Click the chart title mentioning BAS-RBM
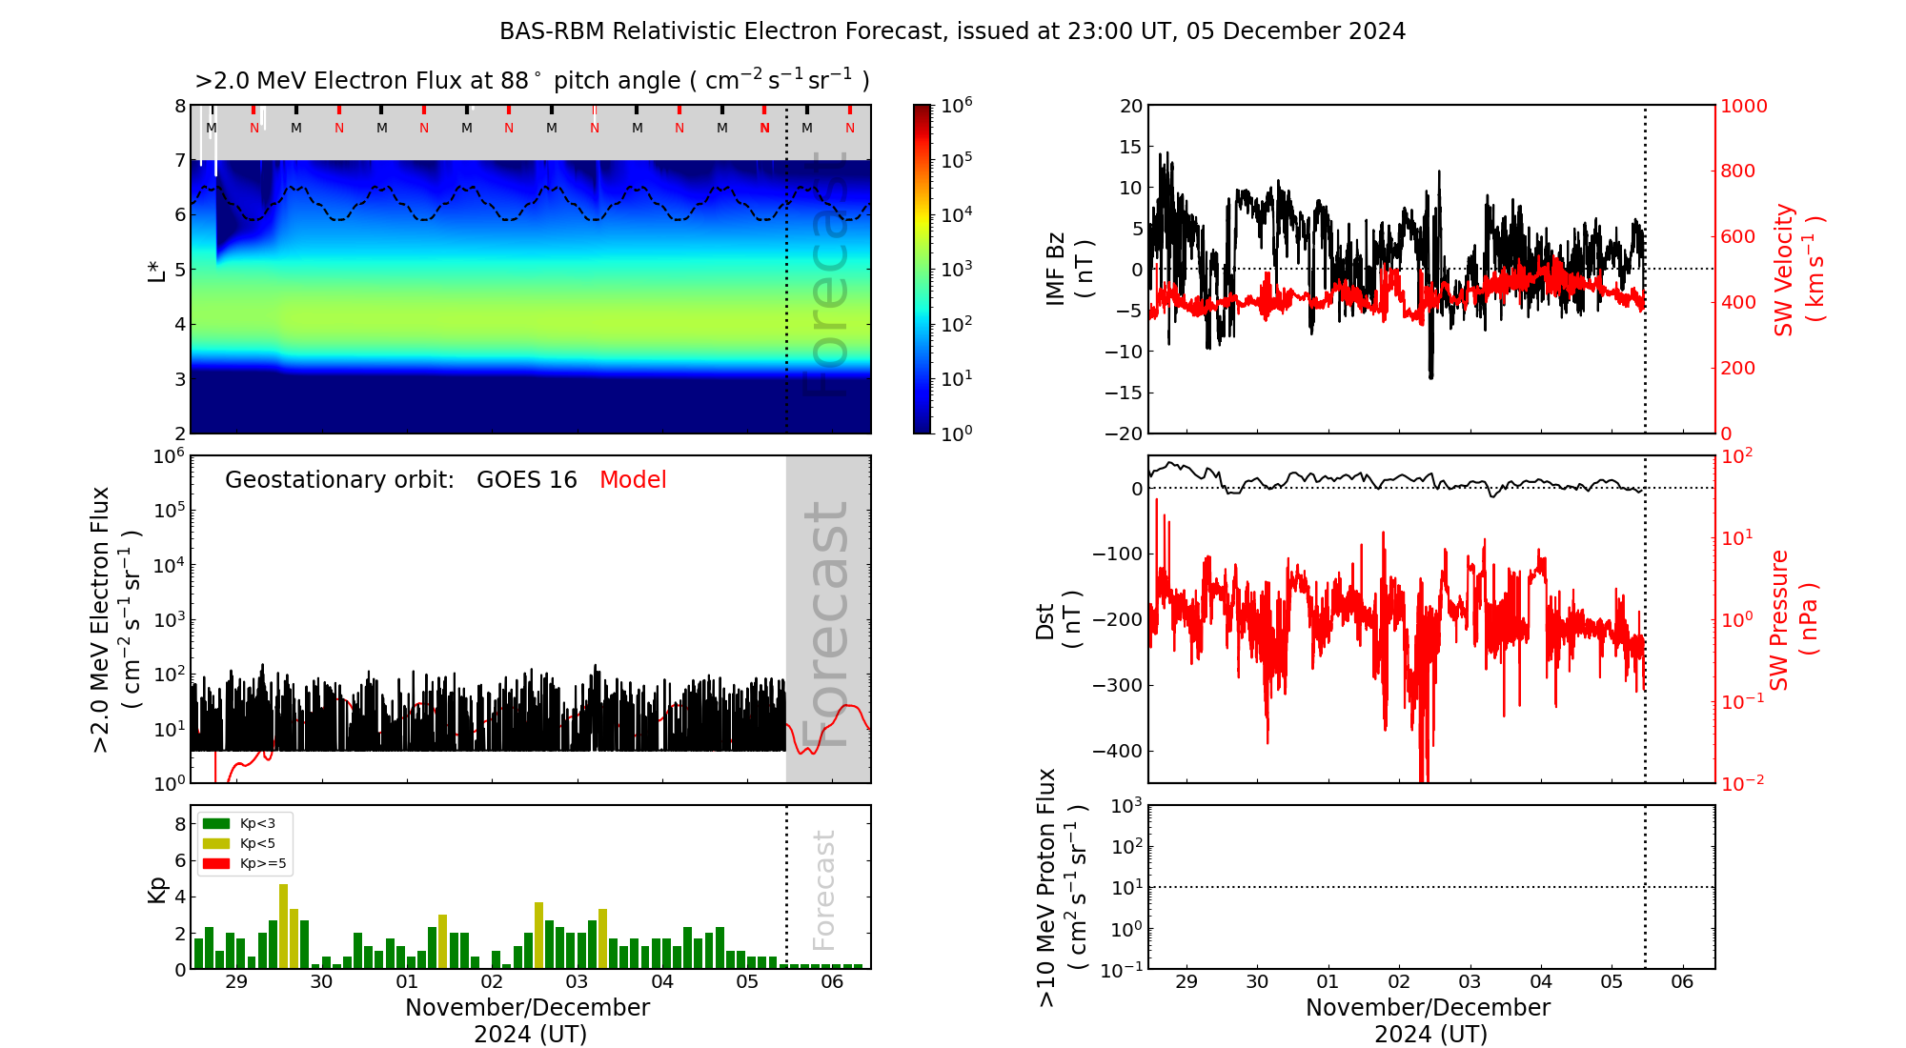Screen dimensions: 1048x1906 tap(952, 31)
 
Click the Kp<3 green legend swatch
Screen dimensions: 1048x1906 tap(216, 823)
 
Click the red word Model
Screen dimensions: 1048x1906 tap(633, 480)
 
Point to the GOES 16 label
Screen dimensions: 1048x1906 tap(527, 480)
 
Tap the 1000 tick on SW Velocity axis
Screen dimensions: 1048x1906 tap(1743, 106)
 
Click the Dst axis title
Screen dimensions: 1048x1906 tap(1058, 619)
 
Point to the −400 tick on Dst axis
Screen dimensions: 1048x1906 tap(1117, 751)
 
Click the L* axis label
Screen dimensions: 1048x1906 tap(156, 270)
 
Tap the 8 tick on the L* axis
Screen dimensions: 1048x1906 tap(180, 106)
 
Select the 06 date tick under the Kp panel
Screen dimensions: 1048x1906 tap(832, 982)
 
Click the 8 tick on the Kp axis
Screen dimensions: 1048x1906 tap(180, 824)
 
